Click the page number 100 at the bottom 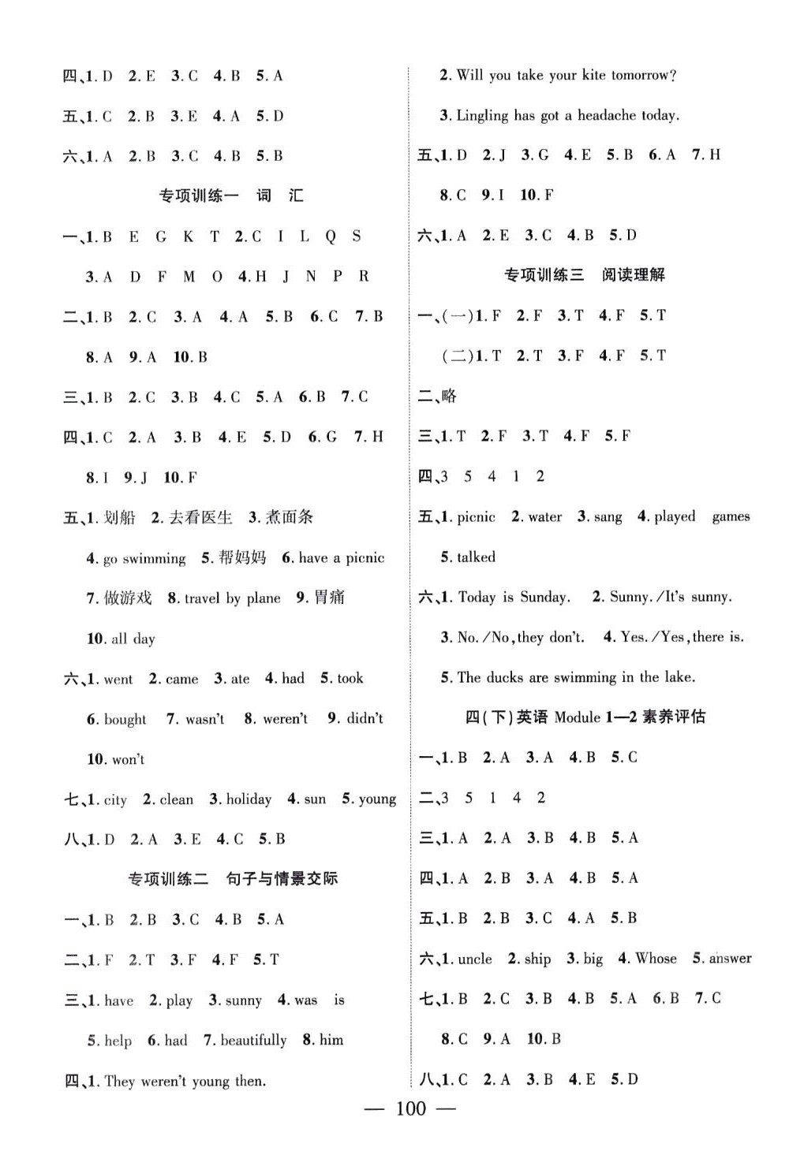[x=410, y=1109]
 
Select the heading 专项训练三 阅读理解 [x=584, y=274]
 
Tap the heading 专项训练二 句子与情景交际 [x=233, y=878]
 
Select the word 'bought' [x=125, y=719]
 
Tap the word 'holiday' [x=249, y=799]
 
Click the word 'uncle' [x=475, y=959]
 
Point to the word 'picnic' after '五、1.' [x=477, y=517]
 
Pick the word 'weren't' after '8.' [x=285, y=719]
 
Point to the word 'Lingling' [x=483, y=115]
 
